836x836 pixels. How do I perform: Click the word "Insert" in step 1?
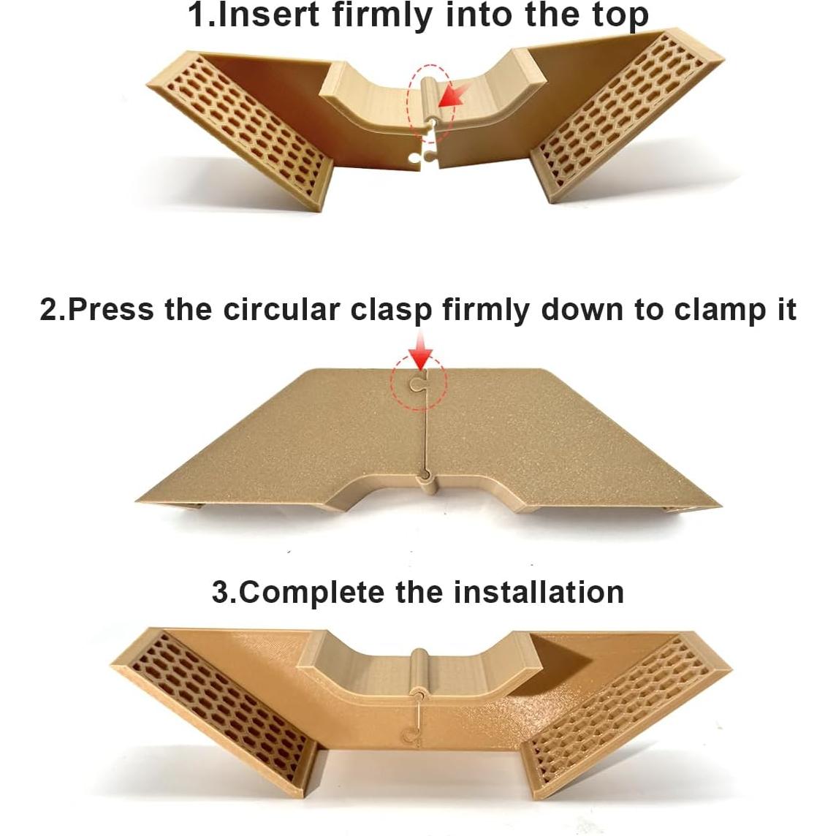click(x=269, y=15)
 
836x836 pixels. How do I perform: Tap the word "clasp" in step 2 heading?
click(x=392, y=311)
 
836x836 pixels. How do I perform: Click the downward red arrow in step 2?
click(x=422, y=350)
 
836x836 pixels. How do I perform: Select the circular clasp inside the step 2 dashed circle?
click(x=417, y=383)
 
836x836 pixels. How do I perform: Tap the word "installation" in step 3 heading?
click(x=539, y=592)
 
